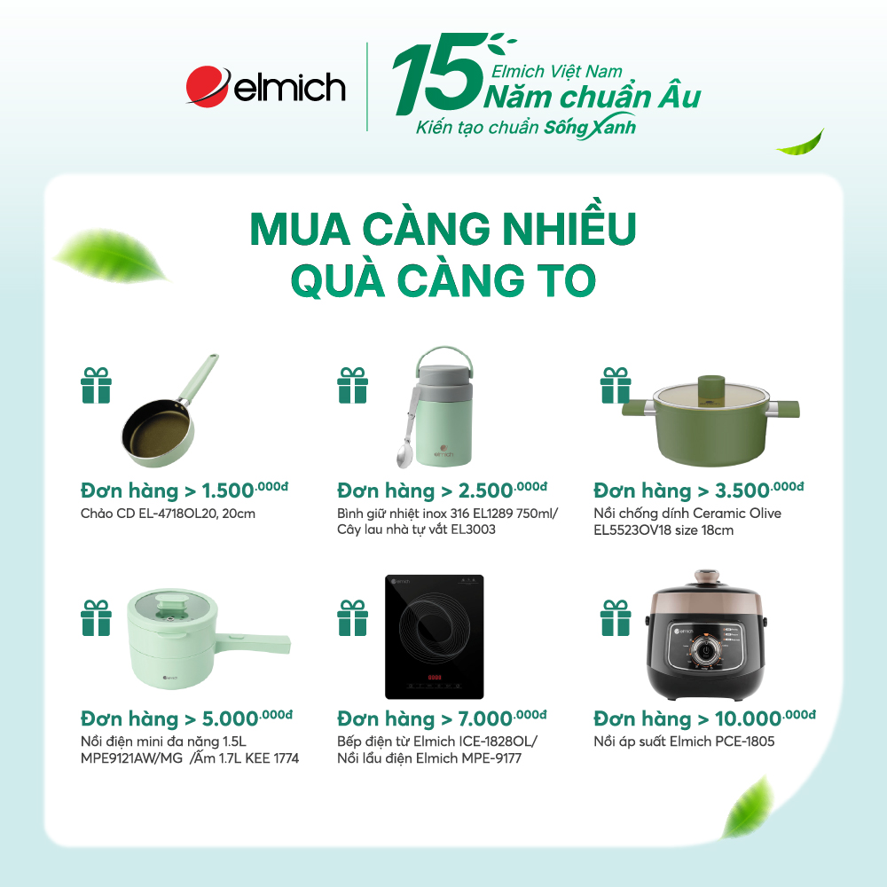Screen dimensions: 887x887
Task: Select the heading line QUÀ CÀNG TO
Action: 443,280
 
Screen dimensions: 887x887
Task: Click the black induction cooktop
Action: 434,635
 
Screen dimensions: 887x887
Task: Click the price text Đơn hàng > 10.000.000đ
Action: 704,718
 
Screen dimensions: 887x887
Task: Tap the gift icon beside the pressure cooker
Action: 616,617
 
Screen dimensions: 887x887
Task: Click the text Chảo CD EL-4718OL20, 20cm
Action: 168,513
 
